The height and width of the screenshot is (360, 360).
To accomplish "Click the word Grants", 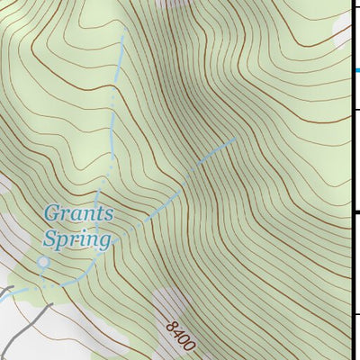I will (x=79, y=214).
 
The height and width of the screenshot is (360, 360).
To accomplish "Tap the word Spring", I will (x=77, y=239).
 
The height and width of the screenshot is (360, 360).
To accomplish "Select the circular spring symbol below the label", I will (x=43, y=262).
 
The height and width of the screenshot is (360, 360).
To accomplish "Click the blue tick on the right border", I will (x=355, y=69).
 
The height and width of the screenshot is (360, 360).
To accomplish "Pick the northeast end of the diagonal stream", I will (x=236, y=139).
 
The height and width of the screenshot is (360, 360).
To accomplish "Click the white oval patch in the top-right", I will (x=343, y=34).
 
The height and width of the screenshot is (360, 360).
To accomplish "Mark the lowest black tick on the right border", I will (x=355, y=314).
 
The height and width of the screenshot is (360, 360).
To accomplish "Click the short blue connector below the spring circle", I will (x=42, y=275).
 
